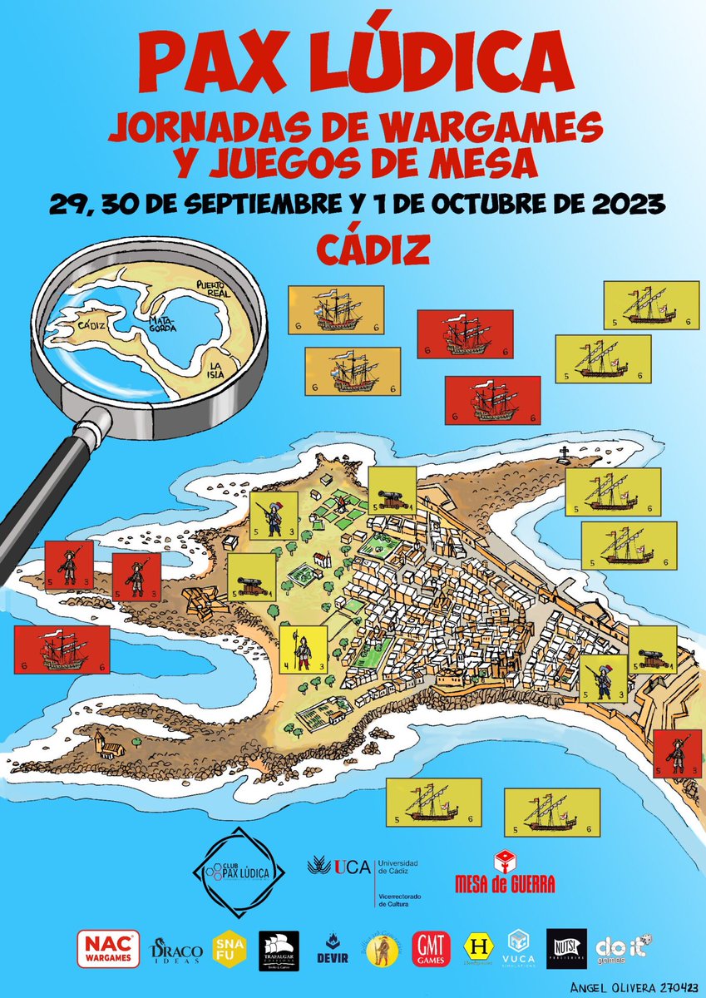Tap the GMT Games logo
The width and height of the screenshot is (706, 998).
434,949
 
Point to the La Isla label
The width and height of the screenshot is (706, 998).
219,369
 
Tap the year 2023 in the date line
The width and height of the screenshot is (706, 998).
623,204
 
